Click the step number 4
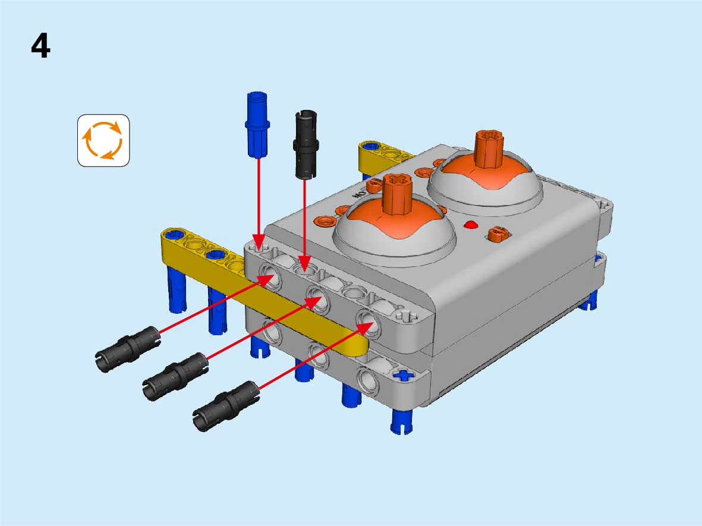click(x=40, y=46)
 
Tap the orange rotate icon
click(x=103, y=141)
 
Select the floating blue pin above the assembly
click(x=257, y=124)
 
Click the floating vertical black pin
click(x=306, y=144)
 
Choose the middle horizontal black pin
click(x=175, y=376)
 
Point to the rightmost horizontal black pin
click(x=226, y=405)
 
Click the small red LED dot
click(x=470, y=225)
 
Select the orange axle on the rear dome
click(x=489, y=149)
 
